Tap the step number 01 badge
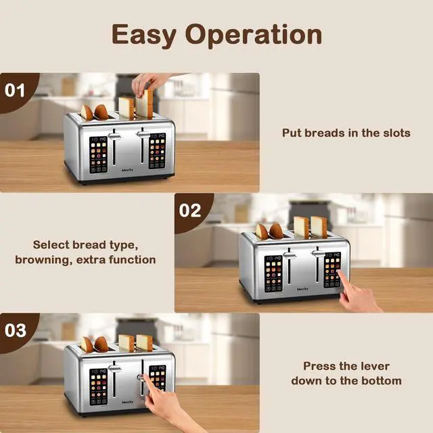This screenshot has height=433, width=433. pyautogui.click(x=15, y=89)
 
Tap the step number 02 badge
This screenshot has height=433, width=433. pyautogui.click(x=190, y=210)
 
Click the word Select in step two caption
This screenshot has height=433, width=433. pyautogui.click(x=51, y=245)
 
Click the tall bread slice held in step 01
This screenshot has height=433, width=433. pyautogui.click(x=145, y=104)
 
